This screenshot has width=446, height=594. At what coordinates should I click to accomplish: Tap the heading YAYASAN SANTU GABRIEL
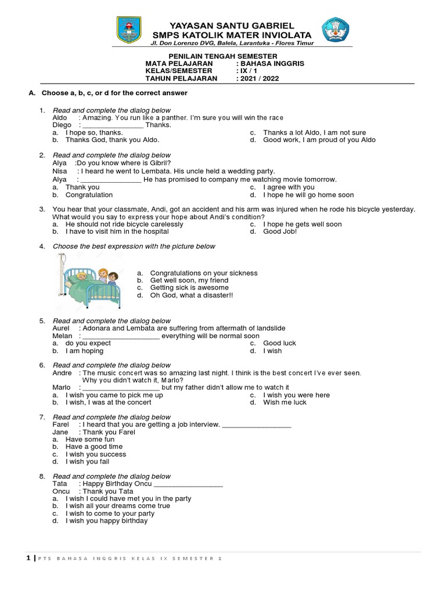231,26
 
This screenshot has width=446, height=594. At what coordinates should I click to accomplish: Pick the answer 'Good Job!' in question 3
279,231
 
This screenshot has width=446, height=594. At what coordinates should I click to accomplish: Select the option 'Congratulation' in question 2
89,195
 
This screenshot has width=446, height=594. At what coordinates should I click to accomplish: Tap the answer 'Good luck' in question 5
279,343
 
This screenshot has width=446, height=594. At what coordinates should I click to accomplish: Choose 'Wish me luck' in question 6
285,402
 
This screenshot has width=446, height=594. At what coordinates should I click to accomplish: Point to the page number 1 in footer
28,559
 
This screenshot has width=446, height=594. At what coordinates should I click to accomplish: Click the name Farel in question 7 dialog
61,425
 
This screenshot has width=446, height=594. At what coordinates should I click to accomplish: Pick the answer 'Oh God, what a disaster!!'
191,295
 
